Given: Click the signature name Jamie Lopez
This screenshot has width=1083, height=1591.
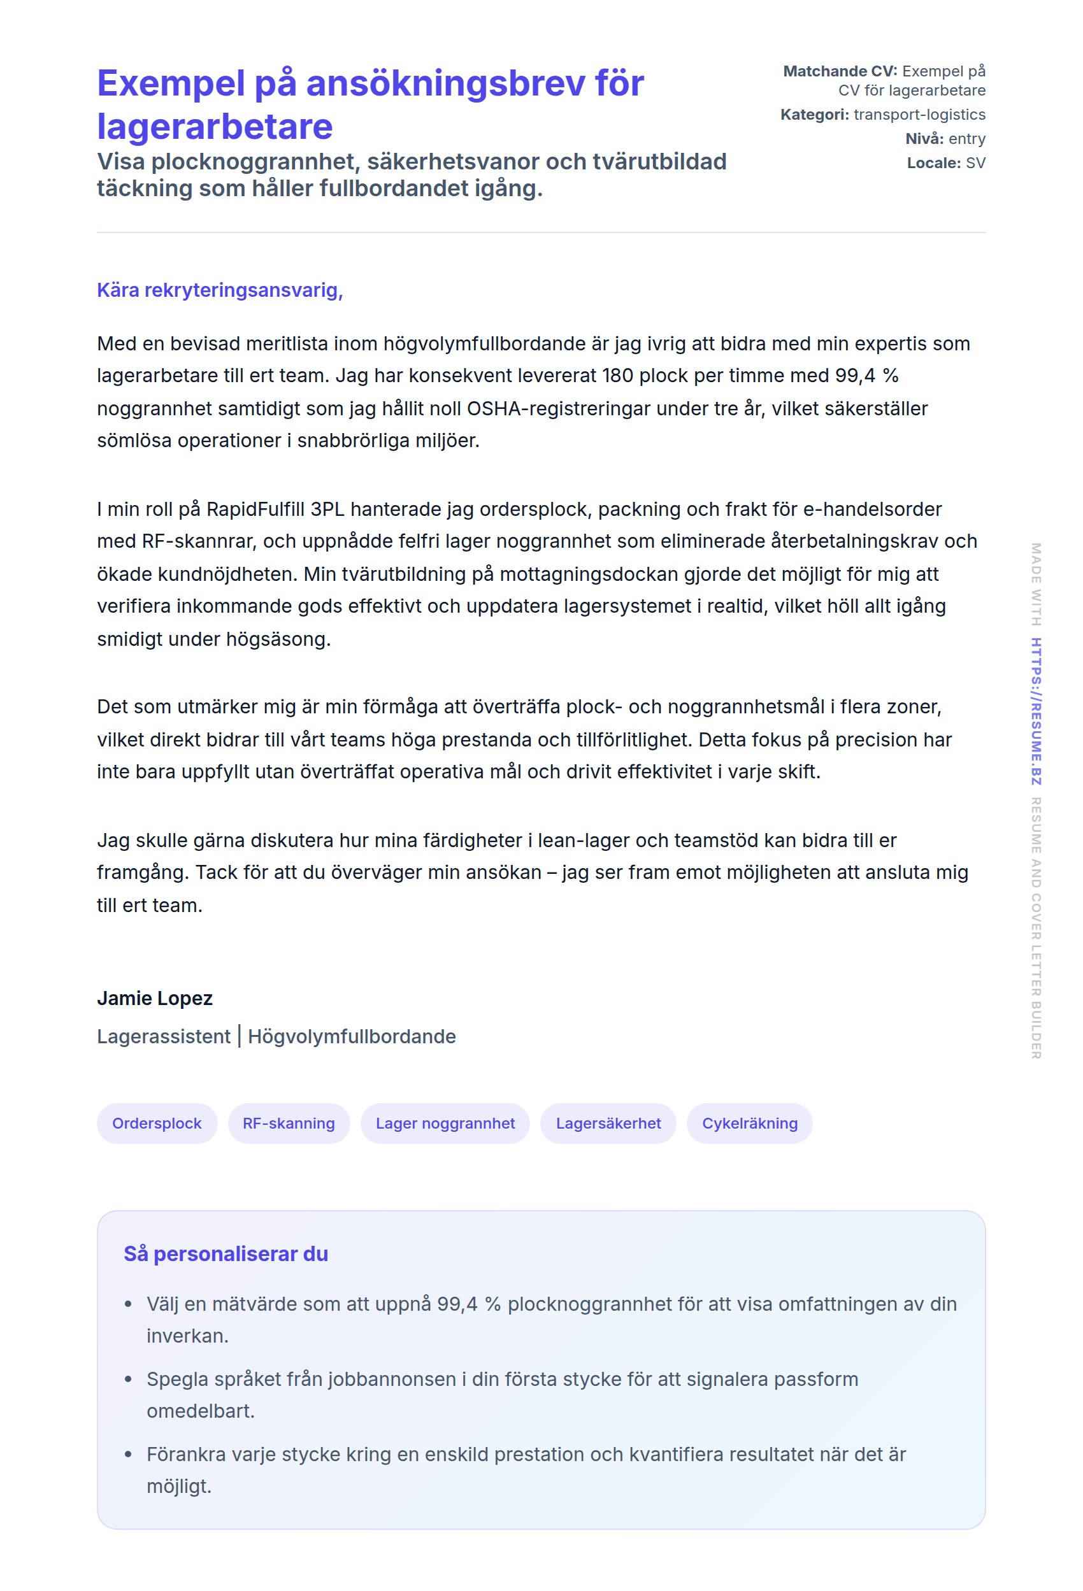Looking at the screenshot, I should (x=155, y=998).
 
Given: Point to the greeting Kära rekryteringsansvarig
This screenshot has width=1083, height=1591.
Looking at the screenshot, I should (x=220, y=290).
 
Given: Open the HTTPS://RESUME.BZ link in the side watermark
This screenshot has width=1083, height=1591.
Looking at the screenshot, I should (x=1036, y=711).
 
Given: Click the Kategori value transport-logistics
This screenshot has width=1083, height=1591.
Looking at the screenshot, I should (x=919, y=115).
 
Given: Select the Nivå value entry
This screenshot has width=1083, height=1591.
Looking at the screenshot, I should (x=966, y=139).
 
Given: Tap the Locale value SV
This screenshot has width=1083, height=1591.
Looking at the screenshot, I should (x=975, y=163).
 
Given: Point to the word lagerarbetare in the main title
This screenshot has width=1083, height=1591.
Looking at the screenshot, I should (x=215, y=127).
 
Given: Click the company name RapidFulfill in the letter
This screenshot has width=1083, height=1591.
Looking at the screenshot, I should (x=256, y=510).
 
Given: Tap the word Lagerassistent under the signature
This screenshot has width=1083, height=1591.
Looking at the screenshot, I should (x=164, y=1036).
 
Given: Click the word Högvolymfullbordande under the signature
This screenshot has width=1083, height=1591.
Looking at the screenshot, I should (x=352, y=1036).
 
